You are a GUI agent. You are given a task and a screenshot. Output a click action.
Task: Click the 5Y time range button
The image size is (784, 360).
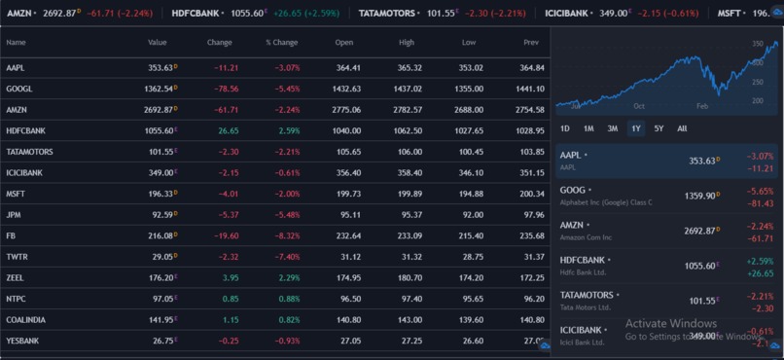(x=659, y=128)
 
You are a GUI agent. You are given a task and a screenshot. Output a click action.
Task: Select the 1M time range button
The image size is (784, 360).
(x=588, y=128)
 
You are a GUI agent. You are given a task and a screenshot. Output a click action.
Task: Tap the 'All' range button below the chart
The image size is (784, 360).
(x=682, y=128)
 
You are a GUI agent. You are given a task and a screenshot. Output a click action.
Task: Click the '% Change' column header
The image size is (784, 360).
(x=281, y=43)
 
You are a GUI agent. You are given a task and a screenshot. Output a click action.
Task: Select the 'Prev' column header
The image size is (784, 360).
(x=531, y=43)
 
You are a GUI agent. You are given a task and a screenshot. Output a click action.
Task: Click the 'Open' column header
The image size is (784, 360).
(x=344, y=43)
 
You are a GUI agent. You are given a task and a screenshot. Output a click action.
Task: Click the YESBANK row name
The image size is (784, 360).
(x=21, y=341)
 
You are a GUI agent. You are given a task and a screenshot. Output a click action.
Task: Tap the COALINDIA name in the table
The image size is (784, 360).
(x=25, y=319)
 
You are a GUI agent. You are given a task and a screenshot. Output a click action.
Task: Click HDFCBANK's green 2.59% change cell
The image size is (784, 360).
(x=288, y=130)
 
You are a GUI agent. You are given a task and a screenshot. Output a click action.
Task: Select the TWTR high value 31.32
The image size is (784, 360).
(x=409, y=257)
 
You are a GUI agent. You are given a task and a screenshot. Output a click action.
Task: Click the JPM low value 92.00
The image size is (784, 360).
(x=471, y=214)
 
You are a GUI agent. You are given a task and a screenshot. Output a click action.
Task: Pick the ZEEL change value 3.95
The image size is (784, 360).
(x=229, y=277)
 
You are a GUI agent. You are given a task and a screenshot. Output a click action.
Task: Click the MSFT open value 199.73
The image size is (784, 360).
(x=347, y=194)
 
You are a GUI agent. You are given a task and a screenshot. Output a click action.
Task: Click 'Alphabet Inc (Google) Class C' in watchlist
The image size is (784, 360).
(x=606, y=202)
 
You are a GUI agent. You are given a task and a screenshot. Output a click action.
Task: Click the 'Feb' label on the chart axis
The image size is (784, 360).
(x=702, y=105)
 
